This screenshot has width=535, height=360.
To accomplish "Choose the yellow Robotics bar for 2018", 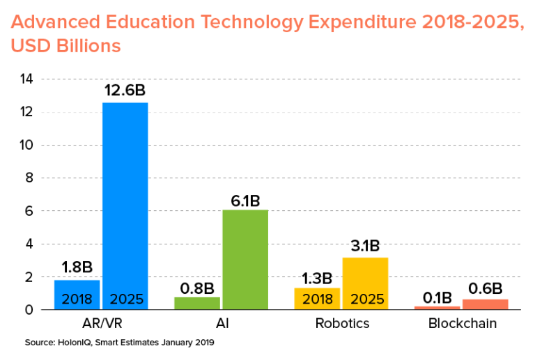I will pos(317,298).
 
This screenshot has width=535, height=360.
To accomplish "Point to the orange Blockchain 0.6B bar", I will pos(486,304).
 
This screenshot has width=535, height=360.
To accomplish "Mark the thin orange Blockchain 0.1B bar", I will pos(437,308).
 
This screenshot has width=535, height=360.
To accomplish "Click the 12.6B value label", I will pos(125,91).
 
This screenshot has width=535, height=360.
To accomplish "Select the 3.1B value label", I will pos(365,246).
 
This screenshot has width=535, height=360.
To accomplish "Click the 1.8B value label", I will pos(77,268).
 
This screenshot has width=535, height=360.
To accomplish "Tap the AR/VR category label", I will pos(102,324).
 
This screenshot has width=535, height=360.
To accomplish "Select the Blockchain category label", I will pos(462,324).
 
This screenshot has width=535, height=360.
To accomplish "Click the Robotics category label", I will pos(342,324).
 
